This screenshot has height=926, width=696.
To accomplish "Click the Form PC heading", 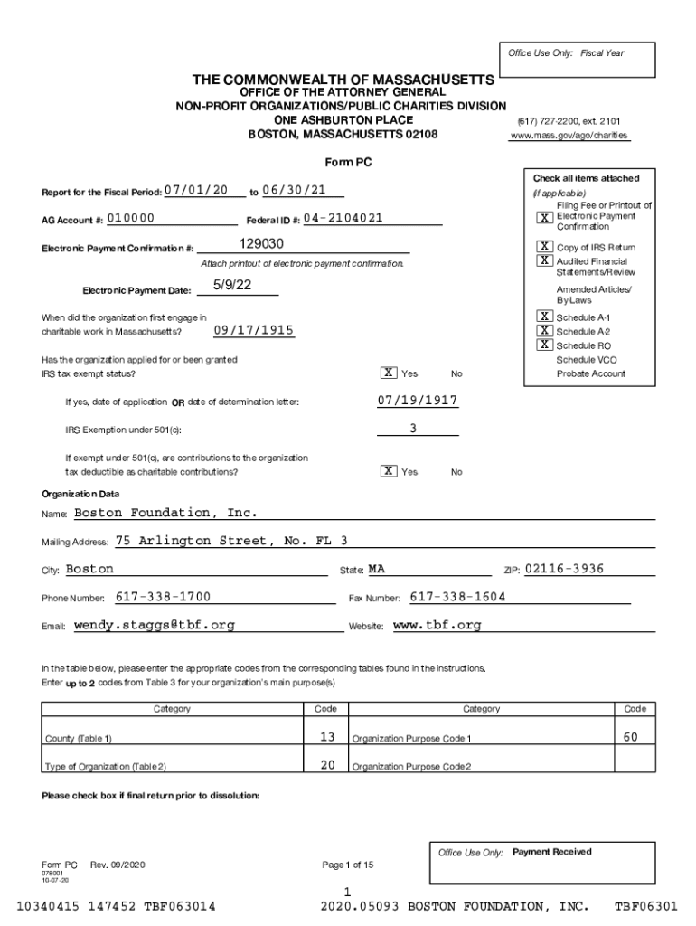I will [x=347, y=162].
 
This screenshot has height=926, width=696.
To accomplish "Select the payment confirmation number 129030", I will [x=262, y=245].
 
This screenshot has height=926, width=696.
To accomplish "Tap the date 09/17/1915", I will [x=254, y=331].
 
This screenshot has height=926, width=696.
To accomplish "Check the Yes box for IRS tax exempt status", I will [x=388, y=373].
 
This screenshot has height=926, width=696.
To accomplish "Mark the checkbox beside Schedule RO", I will [x=544, y=345].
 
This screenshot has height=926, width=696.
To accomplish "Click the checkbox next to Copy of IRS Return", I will [x=544, y=246].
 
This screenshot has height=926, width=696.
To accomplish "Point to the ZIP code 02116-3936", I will [x=564, y=569].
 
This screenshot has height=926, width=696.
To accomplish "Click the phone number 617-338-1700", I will [x=164, y=597].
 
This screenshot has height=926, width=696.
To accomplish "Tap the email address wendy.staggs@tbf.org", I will [x=155, y=625].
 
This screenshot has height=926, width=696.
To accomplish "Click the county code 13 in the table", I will [x=327, y=737].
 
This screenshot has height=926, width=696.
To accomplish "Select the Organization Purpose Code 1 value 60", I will [x=630, y=737].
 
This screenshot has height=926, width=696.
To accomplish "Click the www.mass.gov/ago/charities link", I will [x=569, y=136].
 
